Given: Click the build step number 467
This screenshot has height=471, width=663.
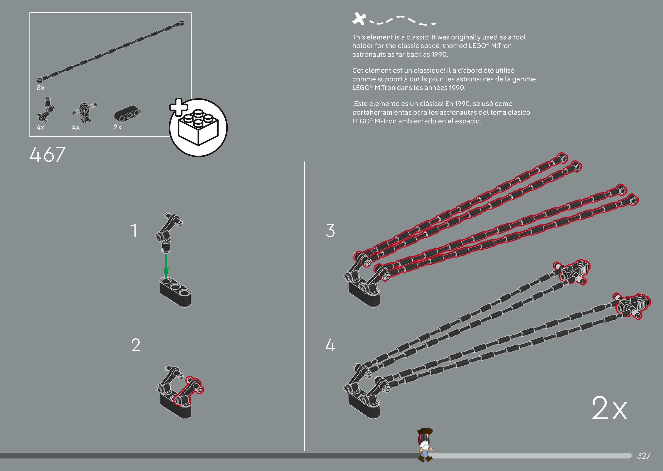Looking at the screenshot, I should point(48,154).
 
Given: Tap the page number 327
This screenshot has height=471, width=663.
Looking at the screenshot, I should point(643,456).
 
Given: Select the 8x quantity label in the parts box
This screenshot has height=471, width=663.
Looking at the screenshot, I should point(41,88).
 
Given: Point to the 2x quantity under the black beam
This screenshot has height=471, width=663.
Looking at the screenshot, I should point(117,127).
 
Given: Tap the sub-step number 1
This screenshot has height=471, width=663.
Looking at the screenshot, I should point(134,231).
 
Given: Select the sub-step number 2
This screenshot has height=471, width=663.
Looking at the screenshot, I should point(136,345).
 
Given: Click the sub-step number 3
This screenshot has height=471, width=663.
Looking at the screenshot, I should point(330,231).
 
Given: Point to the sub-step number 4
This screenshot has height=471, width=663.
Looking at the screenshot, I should point(330,345).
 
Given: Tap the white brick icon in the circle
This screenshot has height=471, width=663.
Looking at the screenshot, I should point(199,128).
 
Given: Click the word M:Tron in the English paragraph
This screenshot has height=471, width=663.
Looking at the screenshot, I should point(501,46).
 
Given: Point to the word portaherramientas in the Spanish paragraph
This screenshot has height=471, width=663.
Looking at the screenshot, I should point(382,113).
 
